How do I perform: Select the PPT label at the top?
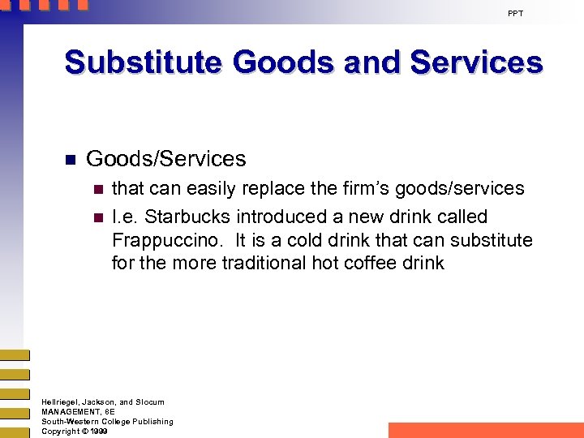515,14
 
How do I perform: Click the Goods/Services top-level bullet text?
165,159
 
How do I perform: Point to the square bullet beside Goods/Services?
70,160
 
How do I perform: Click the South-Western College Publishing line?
107,422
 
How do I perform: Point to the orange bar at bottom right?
486,430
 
